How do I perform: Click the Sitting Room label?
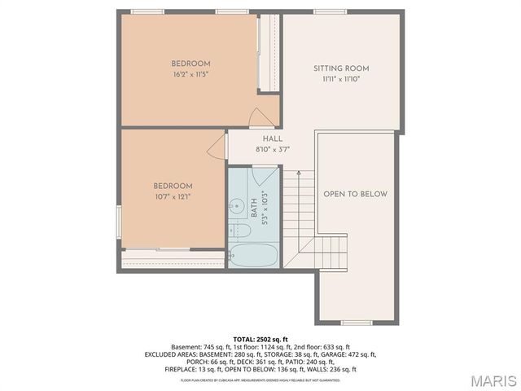click(341, 68)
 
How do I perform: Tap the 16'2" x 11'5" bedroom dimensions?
click(191, 75)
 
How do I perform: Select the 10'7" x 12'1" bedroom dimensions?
click(173, 196)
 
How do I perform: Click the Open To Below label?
click(355, 194)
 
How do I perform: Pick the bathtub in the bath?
click(253, 255)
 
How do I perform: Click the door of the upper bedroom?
click(262, 117)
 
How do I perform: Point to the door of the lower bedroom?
click(217, 147)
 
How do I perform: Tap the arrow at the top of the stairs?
click(298, 174)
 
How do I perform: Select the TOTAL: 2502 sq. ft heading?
click(260, 339)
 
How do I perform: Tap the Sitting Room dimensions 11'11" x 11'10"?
click(341, 79)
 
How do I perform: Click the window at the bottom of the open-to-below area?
click(357, 323)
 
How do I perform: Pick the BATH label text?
click(254, 213)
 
